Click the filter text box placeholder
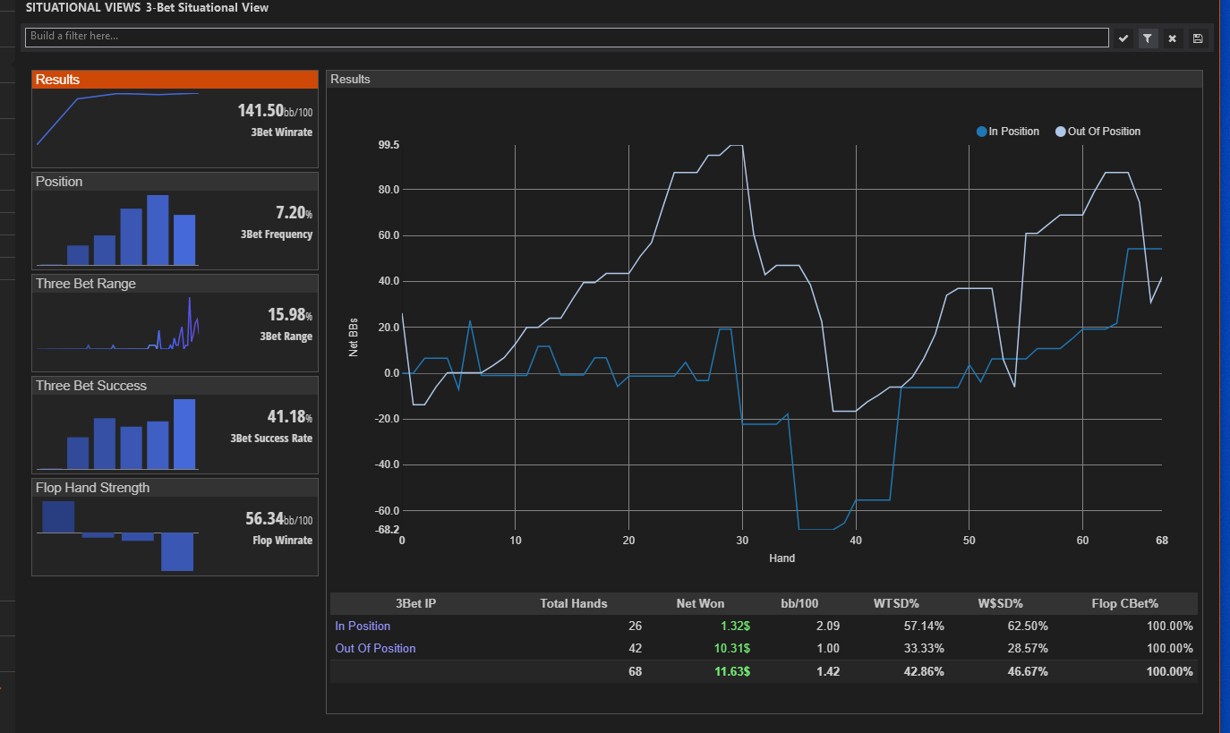(74, 36)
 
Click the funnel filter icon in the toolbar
(1148, 38)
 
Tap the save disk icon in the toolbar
(1198, 38)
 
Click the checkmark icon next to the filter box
(1123, 38)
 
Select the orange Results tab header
(175, 80)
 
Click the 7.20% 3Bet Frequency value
(294, 212)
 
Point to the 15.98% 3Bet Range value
(289, 315)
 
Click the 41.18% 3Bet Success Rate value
(289, 417)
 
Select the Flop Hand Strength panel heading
(92, 488)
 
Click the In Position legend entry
(1008, 132)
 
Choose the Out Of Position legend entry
(1098, 132)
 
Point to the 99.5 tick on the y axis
(389, 145)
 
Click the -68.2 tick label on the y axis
(387, 529)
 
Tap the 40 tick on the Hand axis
(856, 541)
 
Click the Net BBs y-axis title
(353, 337)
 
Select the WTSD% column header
(895, 603)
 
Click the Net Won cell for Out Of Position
(732, 649)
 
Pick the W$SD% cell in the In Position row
(1028, 626)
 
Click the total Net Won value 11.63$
(732, 671)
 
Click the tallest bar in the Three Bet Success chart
(184, 434)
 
